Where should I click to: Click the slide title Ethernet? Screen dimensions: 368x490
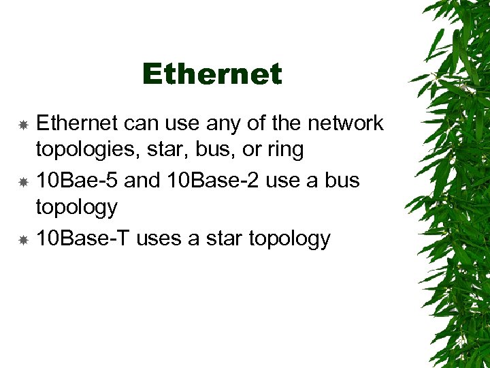pos(212,74)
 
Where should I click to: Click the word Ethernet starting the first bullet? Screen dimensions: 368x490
pos(76,123)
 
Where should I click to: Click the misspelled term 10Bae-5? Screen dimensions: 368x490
pos(76,181)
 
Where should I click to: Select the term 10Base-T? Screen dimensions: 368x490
pos(83,239)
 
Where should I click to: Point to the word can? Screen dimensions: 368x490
pos(140,123)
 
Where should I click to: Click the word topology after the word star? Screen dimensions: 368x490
pos(290,239)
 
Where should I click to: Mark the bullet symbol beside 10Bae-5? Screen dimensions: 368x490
pos(22,182)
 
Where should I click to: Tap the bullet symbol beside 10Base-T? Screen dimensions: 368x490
pos(22,240)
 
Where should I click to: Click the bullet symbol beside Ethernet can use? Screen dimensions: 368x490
pos(22,125)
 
